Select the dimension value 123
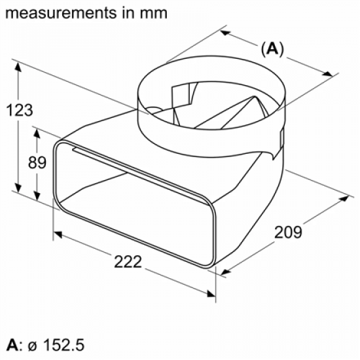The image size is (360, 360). [x=20, y=111]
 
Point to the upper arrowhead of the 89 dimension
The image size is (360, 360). [x=39, y=130]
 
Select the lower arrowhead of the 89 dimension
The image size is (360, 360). [x=39, y=199]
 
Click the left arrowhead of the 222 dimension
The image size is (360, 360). [x=58, y=234]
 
